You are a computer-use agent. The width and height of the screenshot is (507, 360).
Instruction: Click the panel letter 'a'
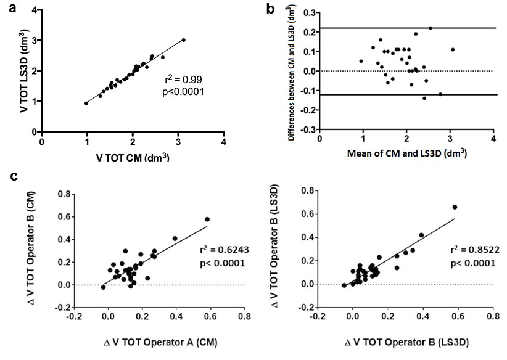[12, 8]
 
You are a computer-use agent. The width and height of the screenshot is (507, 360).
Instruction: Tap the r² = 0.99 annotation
[183, 80]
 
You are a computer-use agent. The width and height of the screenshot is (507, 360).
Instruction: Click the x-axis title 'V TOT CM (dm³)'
[133, 157]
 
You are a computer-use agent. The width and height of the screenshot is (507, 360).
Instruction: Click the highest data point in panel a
[183, 40]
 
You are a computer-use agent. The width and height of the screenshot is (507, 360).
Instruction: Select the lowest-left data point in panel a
[86, 104]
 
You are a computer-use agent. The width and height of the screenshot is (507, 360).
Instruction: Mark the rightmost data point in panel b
[453, 49]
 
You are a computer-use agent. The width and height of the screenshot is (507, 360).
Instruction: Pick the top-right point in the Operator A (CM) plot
[207, 219]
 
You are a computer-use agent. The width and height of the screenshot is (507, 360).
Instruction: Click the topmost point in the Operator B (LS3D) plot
[455, 207]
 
